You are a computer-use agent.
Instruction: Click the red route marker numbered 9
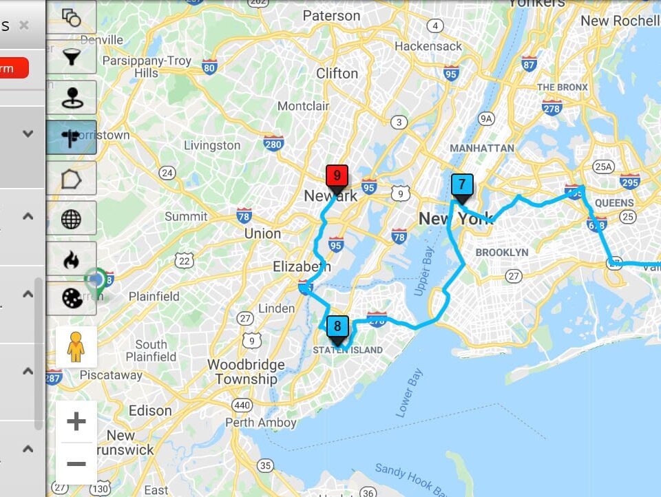337,176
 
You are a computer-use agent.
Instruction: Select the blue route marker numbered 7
462,184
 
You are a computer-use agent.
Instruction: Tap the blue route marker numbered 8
337,326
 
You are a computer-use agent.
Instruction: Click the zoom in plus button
76,421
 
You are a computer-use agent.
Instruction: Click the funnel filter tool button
72,56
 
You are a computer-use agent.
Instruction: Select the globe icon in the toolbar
72,219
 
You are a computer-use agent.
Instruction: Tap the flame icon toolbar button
72,260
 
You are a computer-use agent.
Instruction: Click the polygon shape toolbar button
72,178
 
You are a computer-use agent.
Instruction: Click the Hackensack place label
428,46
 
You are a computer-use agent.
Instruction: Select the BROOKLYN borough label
502,253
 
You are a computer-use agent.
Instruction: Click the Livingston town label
212,145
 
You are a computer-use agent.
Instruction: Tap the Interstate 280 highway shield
273,143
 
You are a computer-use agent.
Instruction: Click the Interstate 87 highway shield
529,65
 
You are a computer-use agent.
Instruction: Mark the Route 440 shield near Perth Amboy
241,405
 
